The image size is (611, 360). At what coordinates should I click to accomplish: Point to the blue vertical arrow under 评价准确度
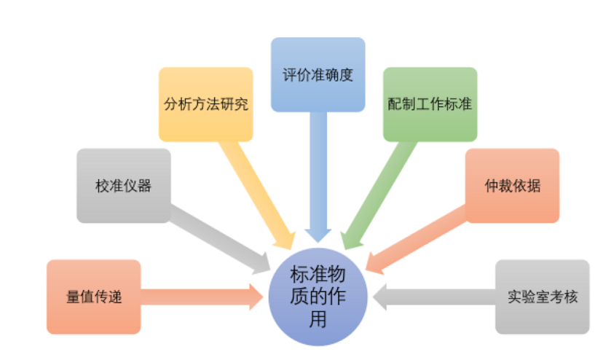coord(318,175)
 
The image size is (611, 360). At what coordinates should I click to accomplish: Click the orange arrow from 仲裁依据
coord(419,233)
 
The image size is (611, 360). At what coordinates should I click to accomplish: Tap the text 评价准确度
coord(318,75)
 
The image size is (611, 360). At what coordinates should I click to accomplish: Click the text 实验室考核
coord(543,297)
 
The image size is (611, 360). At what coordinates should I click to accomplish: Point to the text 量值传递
coord(93,297)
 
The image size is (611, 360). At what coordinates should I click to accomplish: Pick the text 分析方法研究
coord(206,103)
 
